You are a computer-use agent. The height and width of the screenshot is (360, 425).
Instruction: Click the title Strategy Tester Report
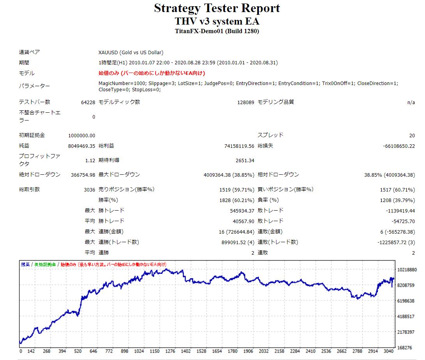[217, 8]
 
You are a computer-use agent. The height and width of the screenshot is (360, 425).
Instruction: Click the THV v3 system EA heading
[217, 21]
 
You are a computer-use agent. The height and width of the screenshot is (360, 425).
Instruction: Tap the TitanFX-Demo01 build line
[217, 31]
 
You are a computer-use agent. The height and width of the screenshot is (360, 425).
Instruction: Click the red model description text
[152, 73]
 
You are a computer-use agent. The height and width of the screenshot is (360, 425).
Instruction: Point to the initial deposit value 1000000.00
[81, 135]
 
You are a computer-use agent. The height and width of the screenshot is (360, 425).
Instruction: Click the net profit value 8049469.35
[81, 146]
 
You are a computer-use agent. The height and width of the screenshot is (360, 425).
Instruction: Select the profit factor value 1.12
[90, 160]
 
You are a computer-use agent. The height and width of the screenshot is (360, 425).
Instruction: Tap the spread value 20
[412, 135]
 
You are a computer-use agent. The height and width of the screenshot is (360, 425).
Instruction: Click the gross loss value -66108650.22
[399, 146]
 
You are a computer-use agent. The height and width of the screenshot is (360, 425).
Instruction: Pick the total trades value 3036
[89, 190]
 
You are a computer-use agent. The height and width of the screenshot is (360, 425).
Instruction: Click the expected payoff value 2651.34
[244, 160]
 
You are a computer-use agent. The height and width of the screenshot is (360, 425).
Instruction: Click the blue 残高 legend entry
[25, 264]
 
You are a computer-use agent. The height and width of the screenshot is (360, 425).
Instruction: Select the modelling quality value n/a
[411, 102]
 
